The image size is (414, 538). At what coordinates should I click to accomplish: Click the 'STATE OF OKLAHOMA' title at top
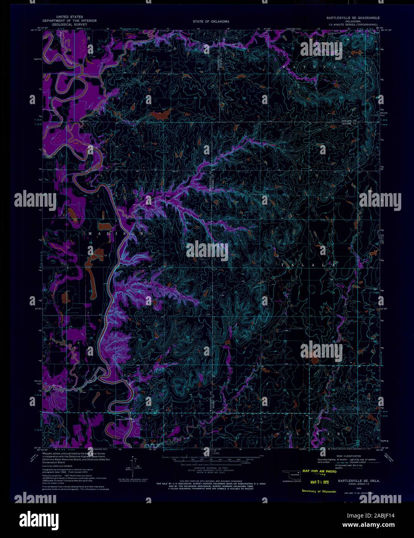pyautogui.click(x=211, y=22)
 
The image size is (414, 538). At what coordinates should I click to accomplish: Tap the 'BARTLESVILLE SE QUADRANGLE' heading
pyautogui.click(x=352, y=18)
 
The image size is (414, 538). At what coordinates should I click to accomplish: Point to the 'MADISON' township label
pyautogui.click(x=116, y=234)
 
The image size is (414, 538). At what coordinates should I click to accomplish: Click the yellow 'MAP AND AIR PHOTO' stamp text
pyautogui.click(x=320, y=471)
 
